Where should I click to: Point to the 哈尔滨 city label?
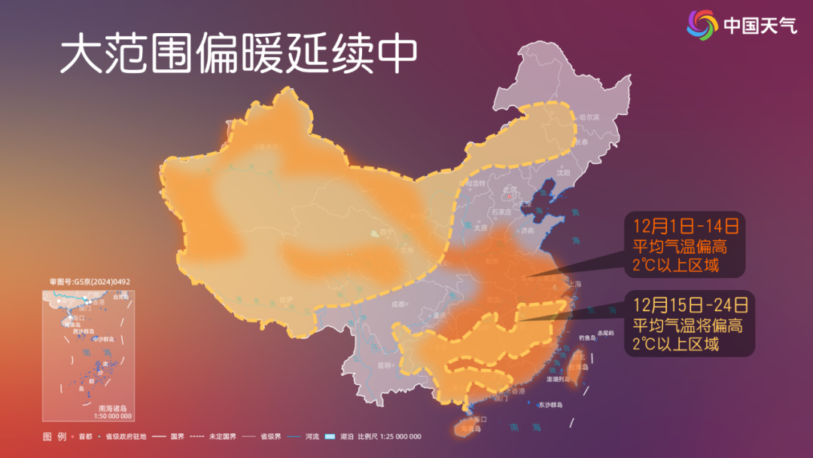589,118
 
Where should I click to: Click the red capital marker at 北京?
508,197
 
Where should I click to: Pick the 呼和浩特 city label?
477,183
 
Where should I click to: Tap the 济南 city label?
526,230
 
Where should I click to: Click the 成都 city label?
398,304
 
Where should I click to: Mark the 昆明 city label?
385,365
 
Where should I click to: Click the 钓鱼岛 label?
587,337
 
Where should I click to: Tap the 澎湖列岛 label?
559,379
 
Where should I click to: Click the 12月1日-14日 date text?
685,225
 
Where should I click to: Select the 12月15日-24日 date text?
690,305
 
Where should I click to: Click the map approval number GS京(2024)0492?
90,282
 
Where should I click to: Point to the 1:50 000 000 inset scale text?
112,416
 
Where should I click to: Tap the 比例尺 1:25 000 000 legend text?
389,437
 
